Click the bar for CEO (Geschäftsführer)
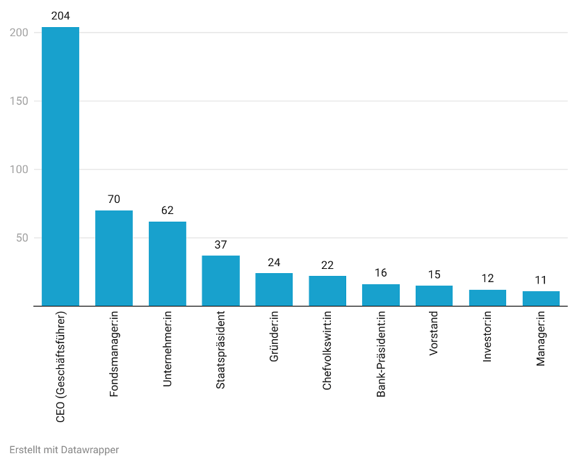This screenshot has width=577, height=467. [60, 167]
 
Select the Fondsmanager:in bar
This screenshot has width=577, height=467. [114, 258]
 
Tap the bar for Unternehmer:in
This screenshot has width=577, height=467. [168, 263]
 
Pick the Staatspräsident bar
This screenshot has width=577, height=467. [220, 281]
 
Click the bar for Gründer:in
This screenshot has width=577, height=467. [274, 289]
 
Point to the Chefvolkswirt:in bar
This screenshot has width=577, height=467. [327, 290]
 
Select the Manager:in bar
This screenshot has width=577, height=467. [541, 298]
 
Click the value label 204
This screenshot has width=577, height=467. [60, 16]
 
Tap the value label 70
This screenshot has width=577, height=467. [114, 199]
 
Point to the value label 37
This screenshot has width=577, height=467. [220, 245]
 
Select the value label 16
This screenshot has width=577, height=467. [381, 273]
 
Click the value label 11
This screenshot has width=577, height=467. [541, 280]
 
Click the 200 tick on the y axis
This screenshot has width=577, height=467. [19, 33]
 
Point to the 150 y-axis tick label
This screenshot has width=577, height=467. [19, 101]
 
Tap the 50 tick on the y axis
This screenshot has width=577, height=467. [22, 238]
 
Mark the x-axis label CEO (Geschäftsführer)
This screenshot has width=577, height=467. [60, 366]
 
